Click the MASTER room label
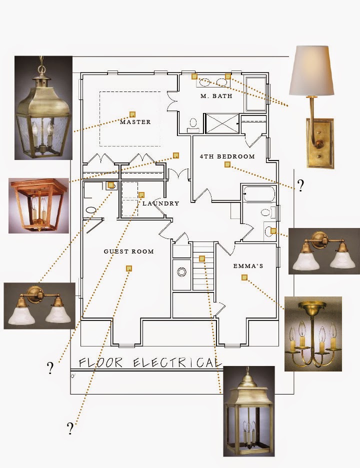pos(135,122)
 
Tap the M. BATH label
pos(216,96)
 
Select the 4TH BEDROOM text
pos(227,156)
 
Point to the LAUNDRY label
pos(160,203)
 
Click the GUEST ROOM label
pos(128,251)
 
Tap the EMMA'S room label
pos(248,266)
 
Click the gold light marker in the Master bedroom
pos(132,114)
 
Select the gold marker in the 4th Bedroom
pos(227,164)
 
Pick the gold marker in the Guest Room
pos(129,268)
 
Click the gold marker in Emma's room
pos(244,277)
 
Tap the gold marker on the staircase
pos(201,258)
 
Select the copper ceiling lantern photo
pos(38,205)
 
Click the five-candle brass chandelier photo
pos(313,333)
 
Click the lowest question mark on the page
pos(70,428)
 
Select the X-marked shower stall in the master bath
pos(222,123)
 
